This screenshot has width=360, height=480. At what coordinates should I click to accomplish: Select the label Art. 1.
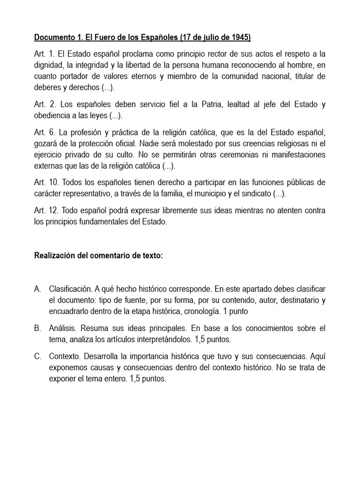click(44, 54)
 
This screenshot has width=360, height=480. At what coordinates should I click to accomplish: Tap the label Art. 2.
click(44, 104)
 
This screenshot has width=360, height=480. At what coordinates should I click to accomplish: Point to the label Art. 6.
click(44, 133)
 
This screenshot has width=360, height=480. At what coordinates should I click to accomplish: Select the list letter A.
click(37, 289)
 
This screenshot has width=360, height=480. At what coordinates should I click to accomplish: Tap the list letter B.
click(37, 328)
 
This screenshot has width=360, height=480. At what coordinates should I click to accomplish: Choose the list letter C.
click(37, 357)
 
